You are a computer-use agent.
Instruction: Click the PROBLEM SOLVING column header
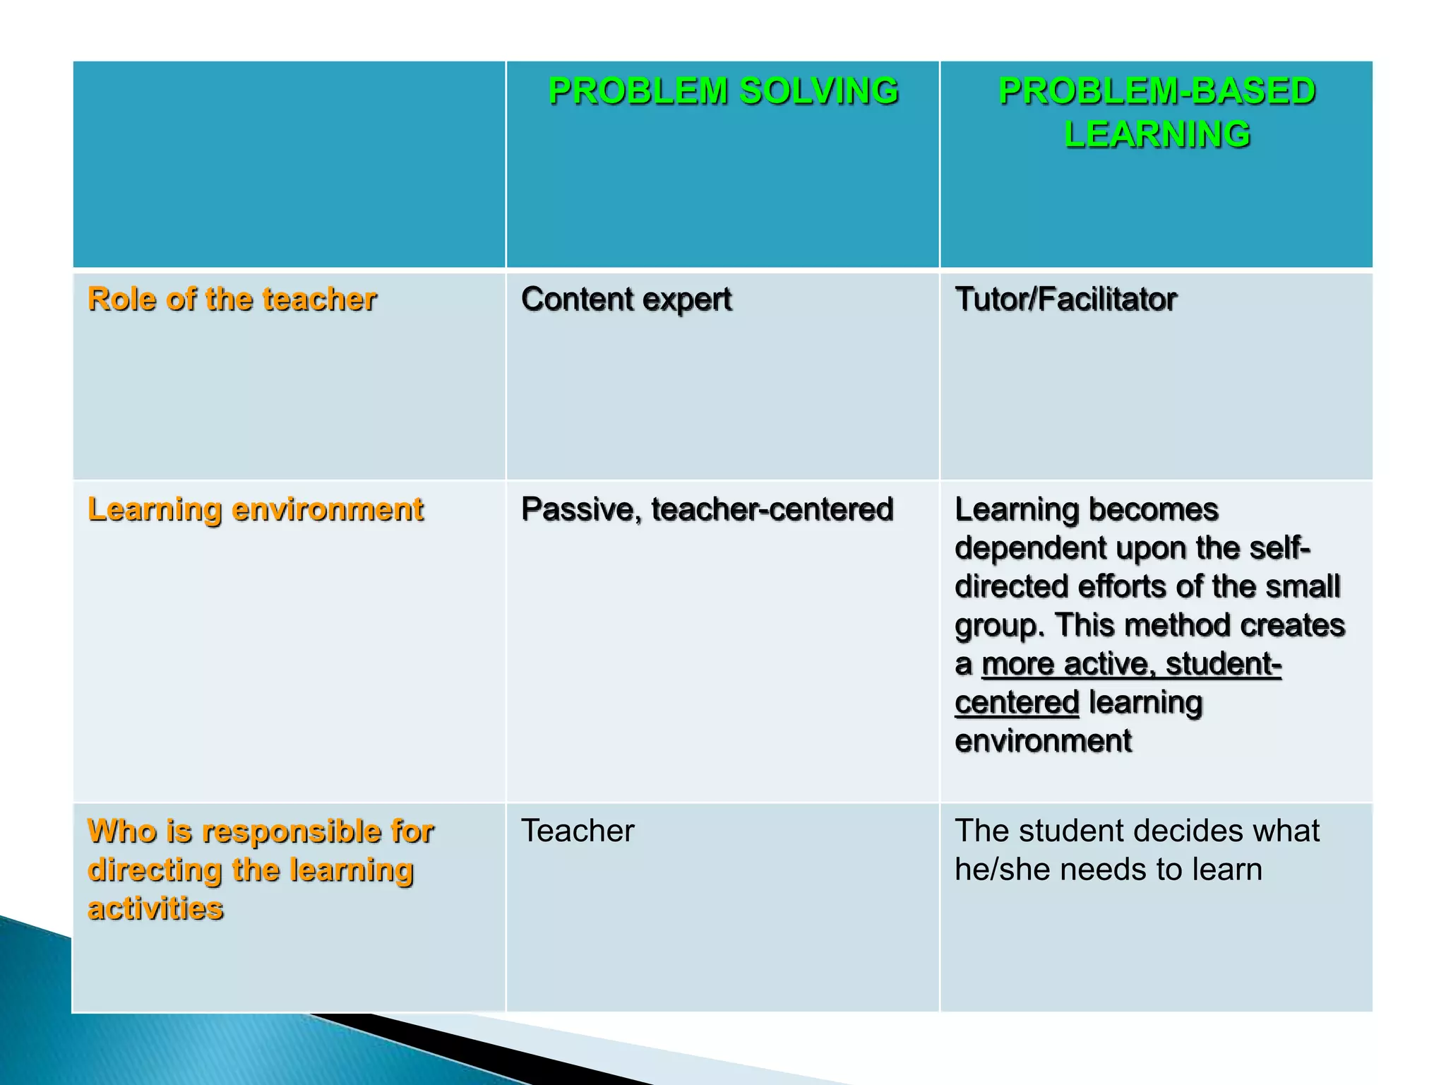pyautogui.click(x=723, y=91)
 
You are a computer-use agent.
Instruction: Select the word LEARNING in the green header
pyautogui.click(x=1157, y=134)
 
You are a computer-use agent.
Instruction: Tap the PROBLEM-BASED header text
pyautogui.click(x=1157, y=91)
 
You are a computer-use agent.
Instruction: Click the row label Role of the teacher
pyautogui.click(x=232, y=299)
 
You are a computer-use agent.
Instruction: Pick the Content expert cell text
pyautogui.click(x=626, y=299)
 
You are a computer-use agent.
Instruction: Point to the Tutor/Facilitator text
pyautogui.click(x=1065, y=299)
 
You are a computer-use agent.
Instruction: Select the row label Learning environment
pyautogui.click(x=255, y=509)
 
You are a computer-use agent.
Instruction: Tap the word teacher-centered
pyautogui.click(x=772, y=509)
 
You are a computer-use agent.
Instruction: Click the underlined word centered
pyautogui.click(x=1017, y=703)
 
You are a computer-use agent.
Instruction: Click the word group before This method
pyautogui.click(x=998, y=627)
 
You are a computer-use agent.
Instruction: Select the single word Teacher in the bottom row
pyautogui.click(x=578, y=831)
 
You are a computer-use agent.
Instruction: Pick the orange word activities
pyautogui.click(x=155, y=908)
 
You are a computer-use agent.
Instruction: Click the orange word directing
pyautogui.click(x=155, y=870)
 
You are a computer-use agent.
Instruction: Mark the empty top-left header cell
pyautogui.click(x=289, y=164)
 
